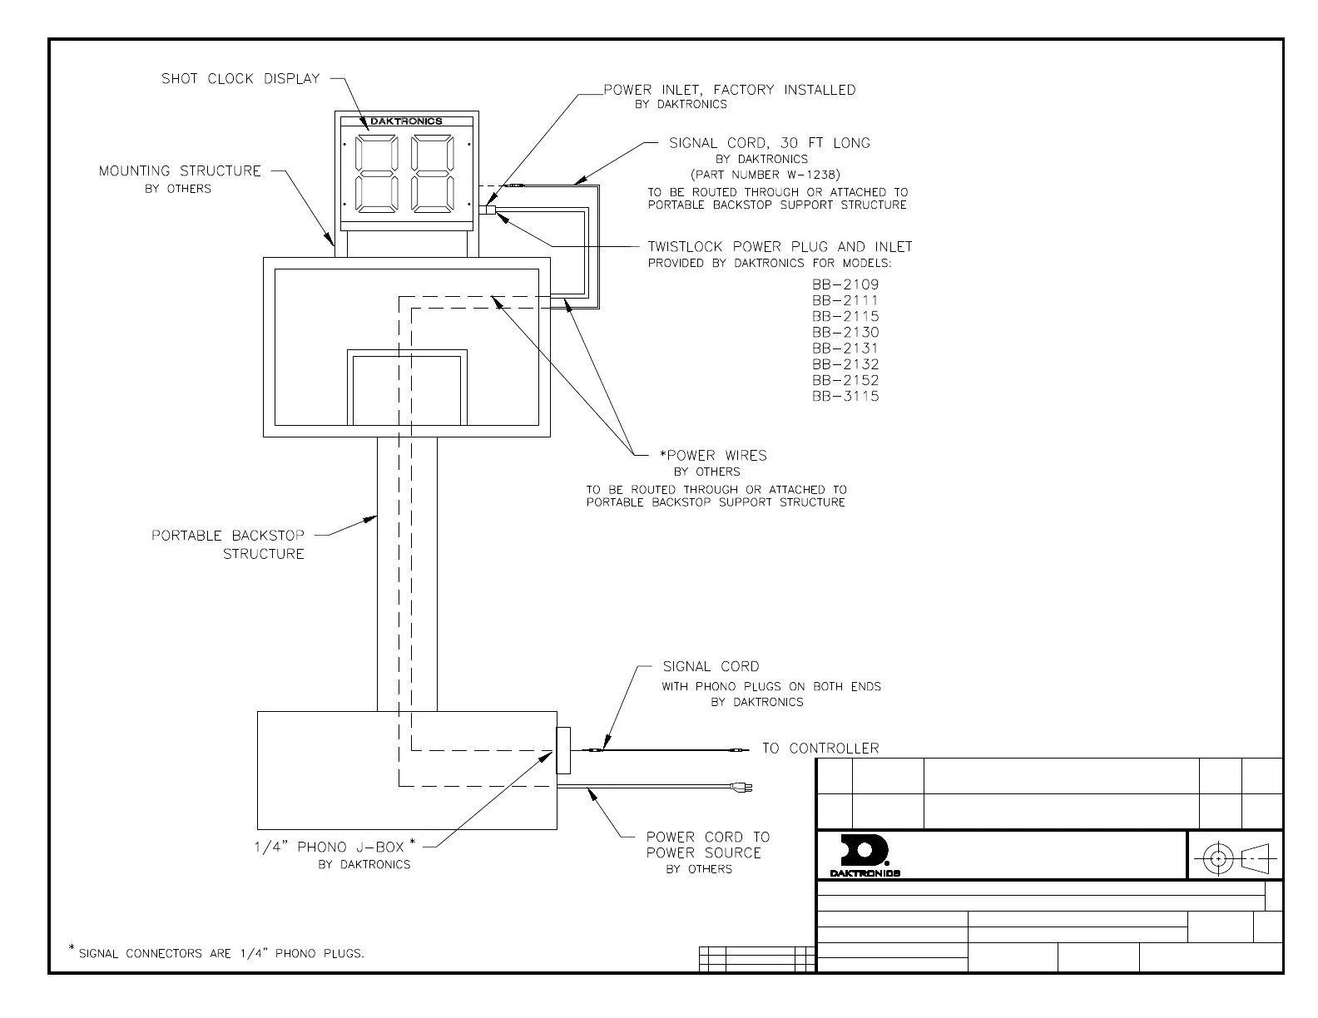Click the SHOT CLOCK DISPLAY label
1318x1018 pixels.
240,79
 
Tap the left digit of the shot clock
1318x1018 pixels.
370,173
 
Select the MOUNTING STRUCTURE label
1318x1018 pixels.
180,171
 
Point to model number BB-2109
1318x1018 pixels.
845,284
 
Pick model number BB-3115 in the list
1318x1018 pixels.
845,397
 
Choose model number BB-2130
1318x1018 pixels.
845,333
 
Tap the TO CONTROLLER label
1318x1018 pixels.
820,749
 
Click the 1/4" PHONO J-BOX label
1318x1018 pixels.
329,848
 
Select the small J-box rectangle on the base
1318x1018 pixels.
563,750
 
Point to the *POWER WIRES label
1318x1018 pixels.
713,456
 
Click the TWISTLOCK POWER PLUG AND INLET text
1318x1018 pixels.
780,247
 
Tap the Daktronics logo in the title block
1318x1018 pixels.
865,855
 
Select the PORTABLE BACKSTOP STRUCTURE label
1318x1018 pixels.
228,545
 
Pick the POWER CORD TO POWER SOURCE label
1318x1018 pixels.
708,845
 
